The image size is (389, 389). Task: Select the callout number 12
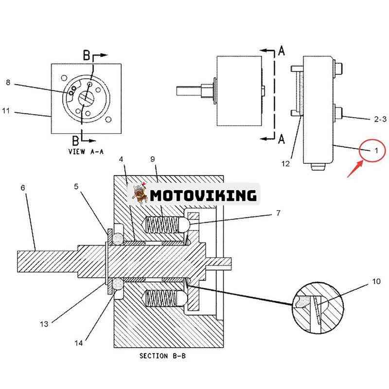coord(285,164)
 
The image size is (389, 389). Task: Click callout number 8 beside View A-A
coord(8,82)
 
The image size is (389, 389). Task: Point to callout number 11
coord(6,111)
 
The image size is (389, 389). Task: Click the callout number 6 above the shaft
coord(23,187)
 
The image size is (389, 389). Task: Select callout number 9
coord(152,159)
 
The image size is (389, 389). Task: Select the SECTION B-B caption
coord(162,356)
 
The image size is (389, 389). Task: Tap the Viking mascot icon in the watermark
coord(138,194)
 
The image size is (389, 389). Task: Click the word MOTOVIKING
coord(203,195)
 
